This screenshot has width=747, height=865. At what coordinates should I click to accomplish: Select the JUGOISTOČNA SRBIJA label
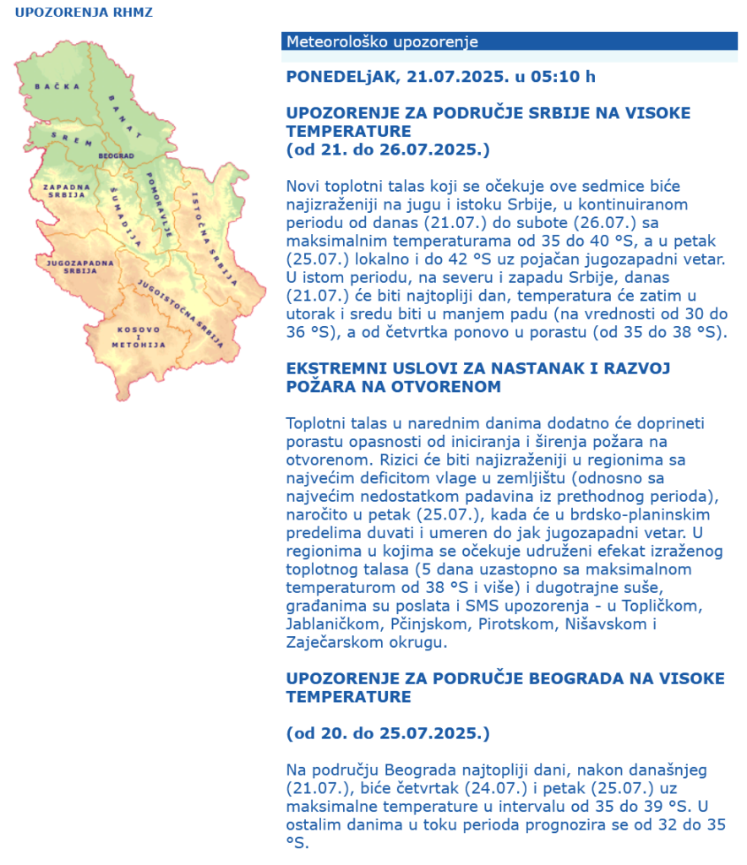(x=180, y=313)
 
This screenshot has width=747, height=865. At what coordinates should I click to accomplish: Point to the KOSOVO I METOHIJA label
(x=138, y=335)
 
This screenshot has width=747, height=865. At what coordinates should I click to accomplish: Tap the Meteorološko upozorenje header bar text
(x=382, y=41)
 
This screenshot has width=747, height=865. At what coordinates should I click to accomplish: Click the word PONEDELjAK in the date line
(x=341, y=76)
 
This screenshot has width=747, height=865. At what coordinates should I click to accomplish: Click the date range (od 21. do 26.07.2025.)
(x=388, y=150)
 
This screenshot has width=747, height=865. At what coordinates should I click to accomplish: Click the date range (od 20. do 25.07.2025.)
(x=388, y=732)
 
